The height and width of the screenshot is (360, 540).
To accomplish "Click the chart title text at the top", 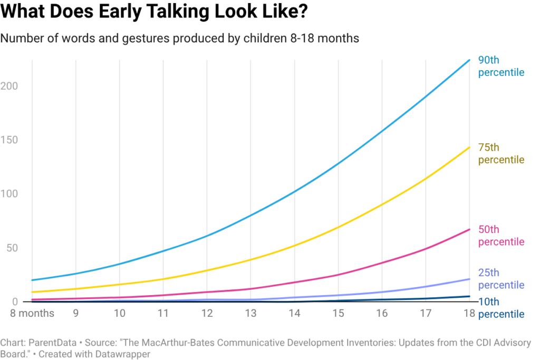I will [179, 38].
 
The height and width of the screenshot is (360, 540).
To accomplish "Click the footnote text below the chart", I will [264, 348].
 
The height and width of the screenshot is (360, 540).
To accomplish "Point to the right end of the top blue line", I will [469, 61].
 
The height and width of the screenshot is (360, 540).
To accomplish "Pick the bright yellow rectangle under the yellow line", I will [316, 262].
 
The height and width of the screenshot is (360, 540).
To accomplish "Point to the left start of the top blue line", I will [33, 279].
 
